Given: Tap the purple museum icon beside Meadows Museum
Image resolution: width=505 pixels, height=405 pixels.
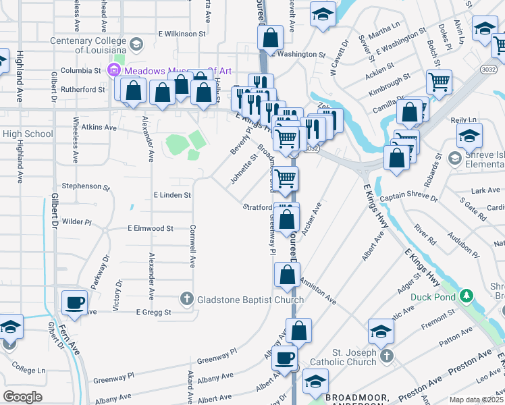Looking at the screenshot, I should click(113, 70).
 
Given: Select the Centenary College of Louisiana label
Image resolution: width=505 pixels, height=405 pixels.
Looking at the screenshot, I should click(88, 45).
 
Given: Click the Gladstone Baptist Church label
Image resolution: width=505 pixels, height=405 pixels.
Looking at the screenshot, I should click(245, 298).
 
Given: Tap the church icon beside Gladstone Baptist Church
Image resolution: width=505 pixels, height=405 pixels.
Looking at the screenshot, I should click(187, 298).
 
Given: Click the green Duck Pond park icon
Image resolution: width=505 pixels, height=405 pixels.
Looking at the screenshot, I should click(465, 296).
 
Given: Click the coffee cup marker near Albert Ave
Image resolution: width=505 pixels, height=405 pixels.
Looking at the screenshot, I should click(285, 358).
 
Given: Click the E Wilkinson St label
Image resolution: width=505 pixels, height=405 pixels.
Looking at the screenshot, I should click(182, 33).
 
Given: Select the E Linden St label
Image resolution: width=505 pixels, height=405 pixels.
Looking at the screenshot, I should click(173, 195).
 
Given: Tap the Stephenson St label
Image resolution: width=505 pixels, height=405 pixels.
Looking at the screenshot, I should click(85, 186).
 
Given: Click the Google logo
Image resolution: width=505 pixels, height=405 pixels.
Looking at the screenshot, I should click(22, 397).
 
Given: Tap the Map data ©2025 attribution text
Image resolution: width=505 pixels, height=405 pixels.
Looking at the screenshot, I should click(475, 400).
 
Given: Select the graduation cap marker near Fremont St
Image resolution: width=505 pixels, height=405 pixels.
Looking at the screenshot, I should click(381, 331).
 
